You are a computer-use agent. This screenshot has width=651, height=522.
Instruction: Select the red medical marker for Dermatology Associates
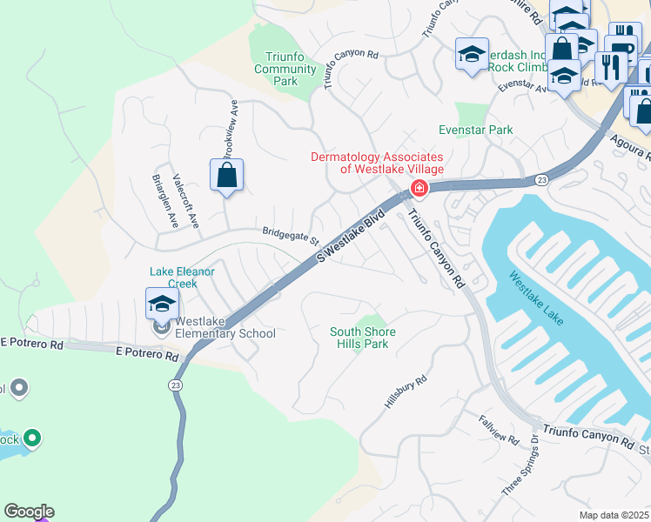coord(419,188)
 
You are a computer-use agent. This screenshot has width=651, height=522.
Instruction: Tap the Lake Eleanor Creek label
coord(184,278)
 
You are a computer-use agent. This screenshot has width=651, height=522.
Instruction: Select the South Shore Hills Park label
coord(362,338)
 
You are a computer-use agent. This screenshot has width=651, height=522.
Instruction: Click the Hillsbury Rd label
coord(406,393)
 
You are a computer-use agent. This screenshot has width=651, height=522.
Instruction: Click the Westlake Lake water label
coord(536,298)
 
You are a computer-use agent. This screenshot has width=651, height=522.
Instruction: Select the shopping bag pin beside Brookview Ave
coord(226,175)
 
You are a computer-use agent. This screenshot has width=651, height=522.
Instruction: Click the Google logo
coord(29,512)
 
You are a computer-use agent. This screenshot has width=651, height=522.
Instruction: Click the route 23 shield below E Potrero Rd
coord(176,384)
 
